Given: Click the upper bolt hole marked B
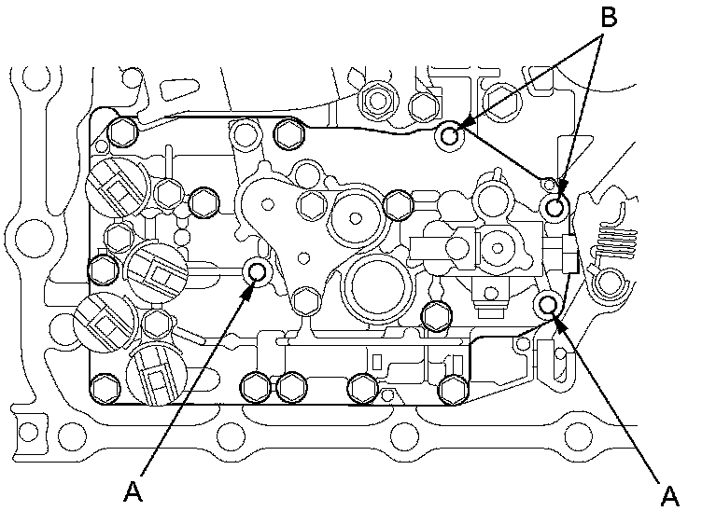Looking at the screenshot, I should [450, 136].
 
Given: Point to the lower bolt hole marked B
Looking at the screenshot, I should [556, 207].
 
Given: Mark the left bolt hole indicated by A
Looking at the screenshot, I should [256, 271].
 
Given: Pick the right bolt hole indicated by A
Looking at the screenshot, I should [548, 304].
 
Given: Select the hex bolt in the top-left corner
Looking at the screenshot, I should [119, 132].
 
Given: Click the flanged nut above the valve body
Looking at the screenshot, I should [377, 97].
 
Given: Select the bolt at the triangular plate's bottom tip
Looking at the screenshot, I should [302, 300].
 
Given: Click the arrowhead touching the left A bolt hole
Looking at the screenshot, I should [249, 287].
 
